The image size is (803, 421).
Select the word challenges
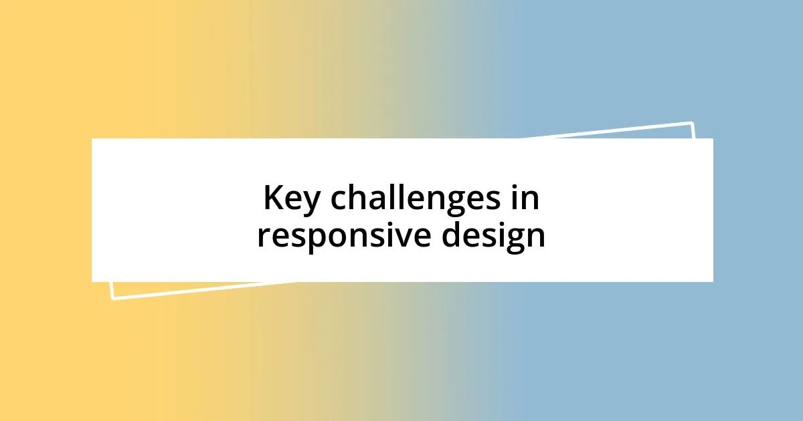tap(418, 198)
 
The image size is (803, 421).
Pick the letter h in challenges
tap(352, 197)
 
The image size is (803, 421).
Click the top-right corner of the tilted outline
tap(691, 123)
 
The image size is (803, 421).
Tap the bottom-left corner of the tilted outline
tap(112, 298)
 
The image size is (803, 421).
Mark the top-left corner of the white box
tap(92, 139)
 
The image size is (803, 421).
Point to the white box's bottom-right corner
tap(713, 281)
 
